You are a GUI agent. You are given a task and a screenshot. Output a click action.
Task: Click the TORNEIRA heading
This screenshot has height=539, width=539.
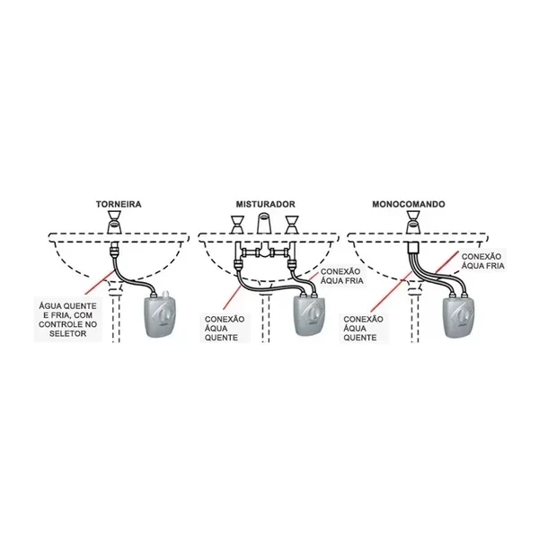[x=119, y=204]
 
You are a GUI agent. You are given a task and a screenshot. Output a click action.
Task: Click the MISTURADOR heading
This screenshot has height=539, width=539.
[x=265, y=204]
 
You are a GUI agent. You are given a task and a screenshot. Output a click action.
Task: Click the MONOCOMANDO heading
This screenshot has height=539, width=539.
[x=409, y=204]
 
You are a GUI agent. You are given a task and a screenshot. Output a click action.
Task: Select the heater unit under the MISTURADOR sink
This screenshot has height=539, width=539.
[x=308, y=316]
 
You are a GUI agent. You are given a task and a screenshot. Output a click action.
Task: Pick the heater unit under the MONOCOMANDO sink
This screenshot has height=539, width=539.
[x=459, y=316]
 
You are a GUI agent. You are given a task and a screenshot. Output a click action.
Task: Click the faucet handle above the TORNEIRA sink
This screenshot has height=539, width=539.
[x=114, y=223]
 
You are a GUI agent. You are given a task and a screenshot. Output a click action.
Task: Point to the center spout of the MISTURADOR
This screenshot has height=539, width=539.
[x=264, y=224]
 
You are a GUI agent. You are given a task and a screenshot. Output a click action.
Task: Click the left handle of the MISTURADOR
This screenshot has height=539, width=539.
[x=236, y=225]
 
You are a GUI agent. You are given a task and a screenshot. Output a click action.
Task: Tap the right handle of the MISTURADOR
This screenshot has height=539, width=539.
[x=291, y=225]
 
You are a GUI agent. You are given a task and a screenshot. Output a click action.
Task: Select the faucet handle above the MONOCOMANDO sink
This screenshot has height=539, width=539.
[x=413, y=223]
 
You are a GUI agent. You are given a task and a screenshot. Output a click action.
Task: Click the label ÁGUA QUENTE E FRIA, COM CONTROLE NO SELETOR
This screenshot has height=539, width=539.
[x=67, y=320]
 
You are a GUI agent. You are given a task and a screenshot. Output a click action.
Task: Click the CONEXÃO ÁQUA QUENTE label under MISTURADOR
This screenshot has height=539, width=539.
[x=225, y=329]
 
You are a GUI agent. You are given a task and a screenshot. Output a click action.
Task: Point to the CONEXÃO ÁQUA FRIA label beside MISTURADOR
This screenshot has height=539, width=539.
[x=341, y=276]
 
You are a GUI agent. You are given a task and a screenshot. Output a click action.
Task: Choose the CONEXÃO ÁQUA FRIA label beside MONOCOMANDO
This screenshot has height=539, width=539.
[x=482, y=261]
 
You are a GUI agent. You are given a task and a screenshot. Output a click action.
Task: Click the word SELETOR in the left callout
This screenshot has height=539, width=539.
[x=67, y=333]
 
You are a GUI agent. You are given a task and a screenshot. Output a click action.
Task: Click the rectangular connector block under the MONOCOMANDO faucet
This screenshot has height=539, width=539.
[x=413, y=248]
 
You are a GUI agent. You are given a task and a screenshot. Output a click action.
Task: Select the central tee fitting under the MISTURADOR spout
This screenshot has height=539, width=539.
[x=264, y=251]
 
